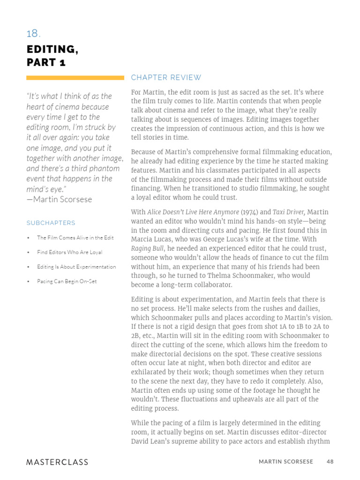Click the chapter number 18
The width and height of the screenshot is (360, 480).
pos(33,34)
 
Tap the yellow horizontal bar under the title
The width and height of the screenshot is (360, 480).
pos(75,78)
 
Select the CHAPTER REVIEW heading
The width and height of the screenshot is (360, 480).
pos(166,78)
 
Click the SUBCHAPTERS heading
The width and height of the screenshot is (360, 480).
pos(51,223)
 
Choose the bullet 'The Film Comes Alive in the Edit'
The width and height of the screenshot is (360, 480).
pos(75,238)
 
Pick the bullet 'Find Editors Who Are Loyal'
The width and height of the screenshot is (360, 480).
pos(69,252)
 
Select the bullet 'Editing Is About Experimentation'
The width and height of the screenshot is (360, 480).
pos(76,267)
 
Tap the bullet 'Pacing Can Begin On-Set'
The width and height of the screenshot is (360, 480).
pos(67,281)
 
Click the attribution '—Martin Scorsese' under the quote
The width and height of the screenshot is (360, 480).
pos(59,199)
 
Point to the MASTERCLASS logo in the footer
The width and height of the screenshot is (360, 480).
pos(57,462)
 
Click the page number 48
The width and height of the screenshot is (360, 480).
pos(330,462)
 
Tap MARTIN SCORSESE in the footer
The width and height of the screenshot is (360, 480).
pos(285,462)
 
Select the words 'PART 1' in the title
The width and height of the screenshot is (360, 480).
pos(46,63)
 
